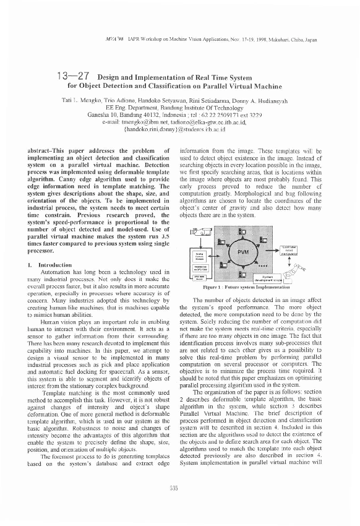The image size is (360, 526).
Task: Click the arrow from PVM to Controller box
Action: pyautogui.click(x=274, y=251)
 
